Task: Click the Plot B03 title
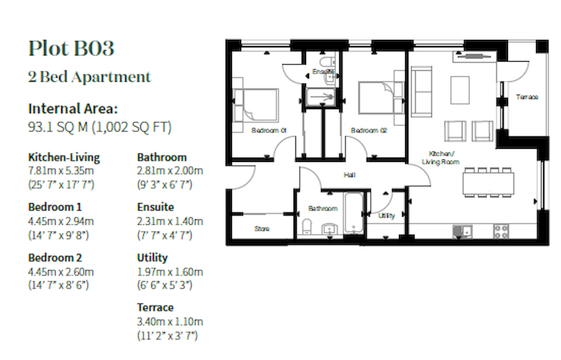pos(71,49)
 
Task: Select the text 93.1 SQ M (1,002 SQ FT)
pos(100,127)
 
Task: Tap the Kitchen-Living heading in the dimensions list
pos(64,158)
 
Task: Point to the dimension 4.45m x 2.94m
pos(61,221)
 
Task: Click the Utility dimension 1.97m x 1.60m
pos(170,272)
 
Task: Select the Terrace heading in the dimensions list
pos(155,308)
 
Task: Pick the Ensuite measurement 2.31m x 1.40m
pos(170,221)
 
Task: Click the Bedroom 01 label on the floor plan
pos(268,131)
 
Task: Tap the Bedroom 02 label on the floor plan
pos(369,131)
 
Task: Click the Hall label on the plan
pos(349,176)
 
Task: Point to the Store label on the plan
pos(262,229)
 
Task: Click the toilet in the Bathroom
pos(307,227)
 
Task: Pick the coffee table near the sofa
pos(460,90)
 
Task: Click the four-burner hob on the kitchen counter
pos(501,231)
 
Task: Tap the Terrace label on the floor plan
pos(527,97)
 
